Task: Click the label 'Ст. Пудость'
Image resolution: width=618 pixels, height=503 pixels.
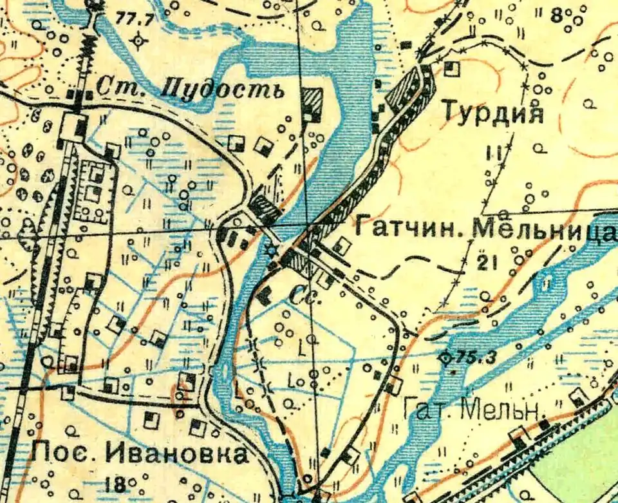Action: click(190, 88)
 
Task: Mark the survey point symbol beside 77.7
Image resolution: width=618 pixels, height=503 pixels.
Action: click(137, 42)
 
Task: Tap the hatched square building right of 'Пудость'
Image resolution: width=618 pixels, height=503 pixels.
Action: click(313, 103)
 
